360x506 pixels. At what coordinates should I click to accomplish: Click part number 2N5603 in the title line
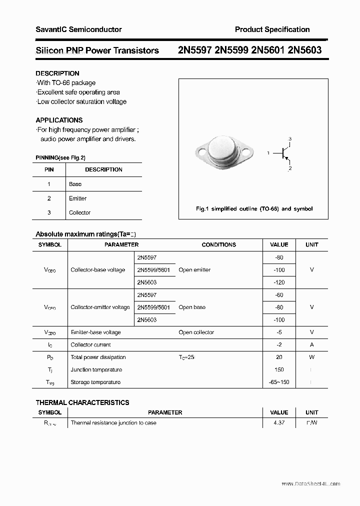(x=305, y=50)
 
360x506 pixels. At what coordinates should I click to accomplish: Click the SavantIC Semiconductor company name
(x=78, y=29)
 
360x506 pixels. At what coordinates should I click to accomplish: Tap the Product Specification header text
(x=272, y=29)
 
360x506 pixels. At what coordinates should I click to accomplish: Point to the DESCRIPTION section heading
(x=57, y=73)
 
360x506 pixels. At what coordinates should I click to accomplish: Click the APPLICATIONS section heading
(x=59, y=120)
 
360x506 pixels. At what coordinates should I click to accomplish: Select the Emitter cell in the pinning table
(x=77, y=198)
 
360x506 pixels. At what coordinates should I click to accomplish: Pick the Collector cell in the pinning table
(x=79, y=212)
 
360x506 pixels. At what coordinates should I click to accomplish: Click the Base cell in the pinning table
(x=75, y=184)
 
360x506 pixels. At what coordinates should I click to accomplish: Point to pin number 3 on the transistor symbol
(x=290, y=138)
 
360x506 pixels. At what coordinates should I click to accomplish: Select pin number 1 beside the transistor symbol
(x=268, y=152)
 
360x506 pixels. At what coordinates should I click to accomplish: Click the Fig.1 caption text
(x=254, y=208)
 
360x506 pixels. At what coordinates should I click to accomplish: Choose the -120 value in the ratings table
(x=279, y=282)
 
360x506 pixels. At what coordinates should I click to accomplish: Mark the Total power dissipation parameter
(x=98, y=357)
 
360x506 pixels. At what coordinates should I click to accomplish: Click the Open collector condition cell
(x=196, y=332)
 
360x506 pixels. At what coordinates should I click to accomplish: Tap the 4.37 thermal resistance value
(x=279, y=423)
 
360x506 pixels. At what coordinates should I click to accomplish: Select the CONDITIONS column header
(x=218, y=244)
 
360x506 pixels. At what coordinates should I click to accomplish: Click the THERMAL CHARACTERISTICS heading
(x=82, y=402)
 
